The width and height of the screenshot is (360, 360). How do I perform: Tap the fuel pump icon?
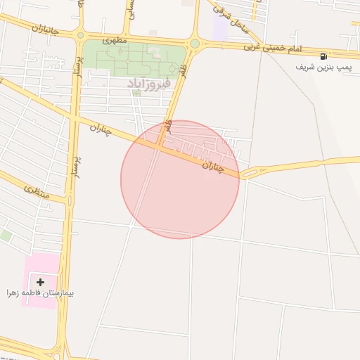click(x=323, y=56)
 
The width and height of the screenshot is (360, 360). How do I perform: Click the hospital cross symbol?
click(x=40, y=282)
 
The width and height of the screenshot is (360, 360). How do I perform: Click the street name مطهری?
click(x=115, y=40)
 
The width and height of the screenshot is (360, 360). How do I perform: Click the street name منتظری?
click(x=37, y=190)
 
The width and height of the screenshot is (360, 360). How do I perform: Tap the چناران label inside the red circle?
click(x=212, y=167)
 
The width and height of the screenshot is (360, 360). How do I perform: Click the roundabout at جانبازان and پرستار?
click(x=80, y=35)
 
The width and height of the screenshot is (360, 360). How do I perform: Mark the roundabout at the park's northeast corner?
click(x=194, y=44)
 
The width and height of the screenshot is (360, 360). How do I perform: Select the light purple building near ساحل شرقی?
click(x=220, y=30)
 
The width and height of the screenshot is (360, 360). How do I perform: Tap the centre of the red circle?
click(x=180, y=179)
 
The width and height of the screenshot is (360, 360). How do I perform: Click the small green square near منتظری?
click(x=5, y=236)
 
